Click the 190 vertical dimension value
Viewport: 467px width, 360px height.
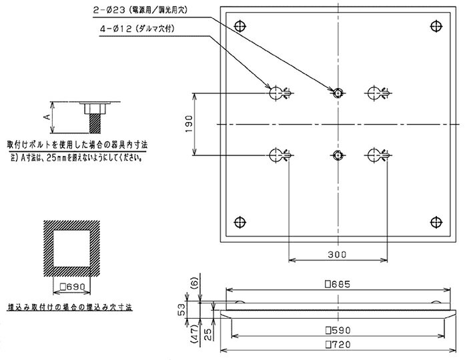pyautogui.click(x=189, y=124)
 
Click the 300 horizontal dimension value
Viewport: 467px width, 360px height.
pyautogui.click(x=337, y=255)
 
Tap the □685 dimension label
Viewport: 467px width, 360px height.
pyautogui.click(x=338, y=285)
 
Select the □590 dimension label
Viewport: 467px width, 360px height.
pyautogui.click(x=338, y=330)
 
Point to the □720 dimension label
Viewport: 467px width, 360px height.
pyautogui.click(x=338, y=345)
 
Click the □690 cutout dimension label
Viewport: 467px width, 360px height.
pyautogui.click(x=73, y=287)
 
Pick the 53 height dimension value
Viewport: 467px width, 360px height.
pyautogui.click(x=181, y=310)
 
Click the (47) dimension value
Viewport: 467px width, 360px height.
pyautogui.click(x=194, y=335)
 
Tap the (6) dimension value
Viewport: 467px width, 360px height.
pyautogui.click(x=194, y=283)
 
